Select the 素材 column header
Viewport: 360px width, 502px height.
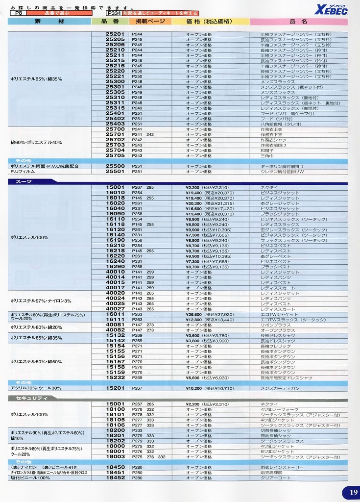tap(49, 22)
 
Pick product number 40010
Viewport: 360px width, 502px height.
tap(115, 272)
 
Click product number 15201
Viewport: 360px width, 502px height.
tap(115, 388)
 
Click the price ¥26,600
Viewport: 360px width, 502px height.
tap(194, 314)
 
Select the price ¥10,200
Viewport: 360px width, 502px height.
tap(194, 388)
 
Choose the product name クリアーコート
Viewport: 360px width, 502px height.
tap(276, 477)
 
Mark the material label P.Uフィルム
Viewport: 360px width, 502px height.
tap(22, 172)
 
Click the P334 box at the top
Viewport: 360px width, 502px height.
tap(113, 14)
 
